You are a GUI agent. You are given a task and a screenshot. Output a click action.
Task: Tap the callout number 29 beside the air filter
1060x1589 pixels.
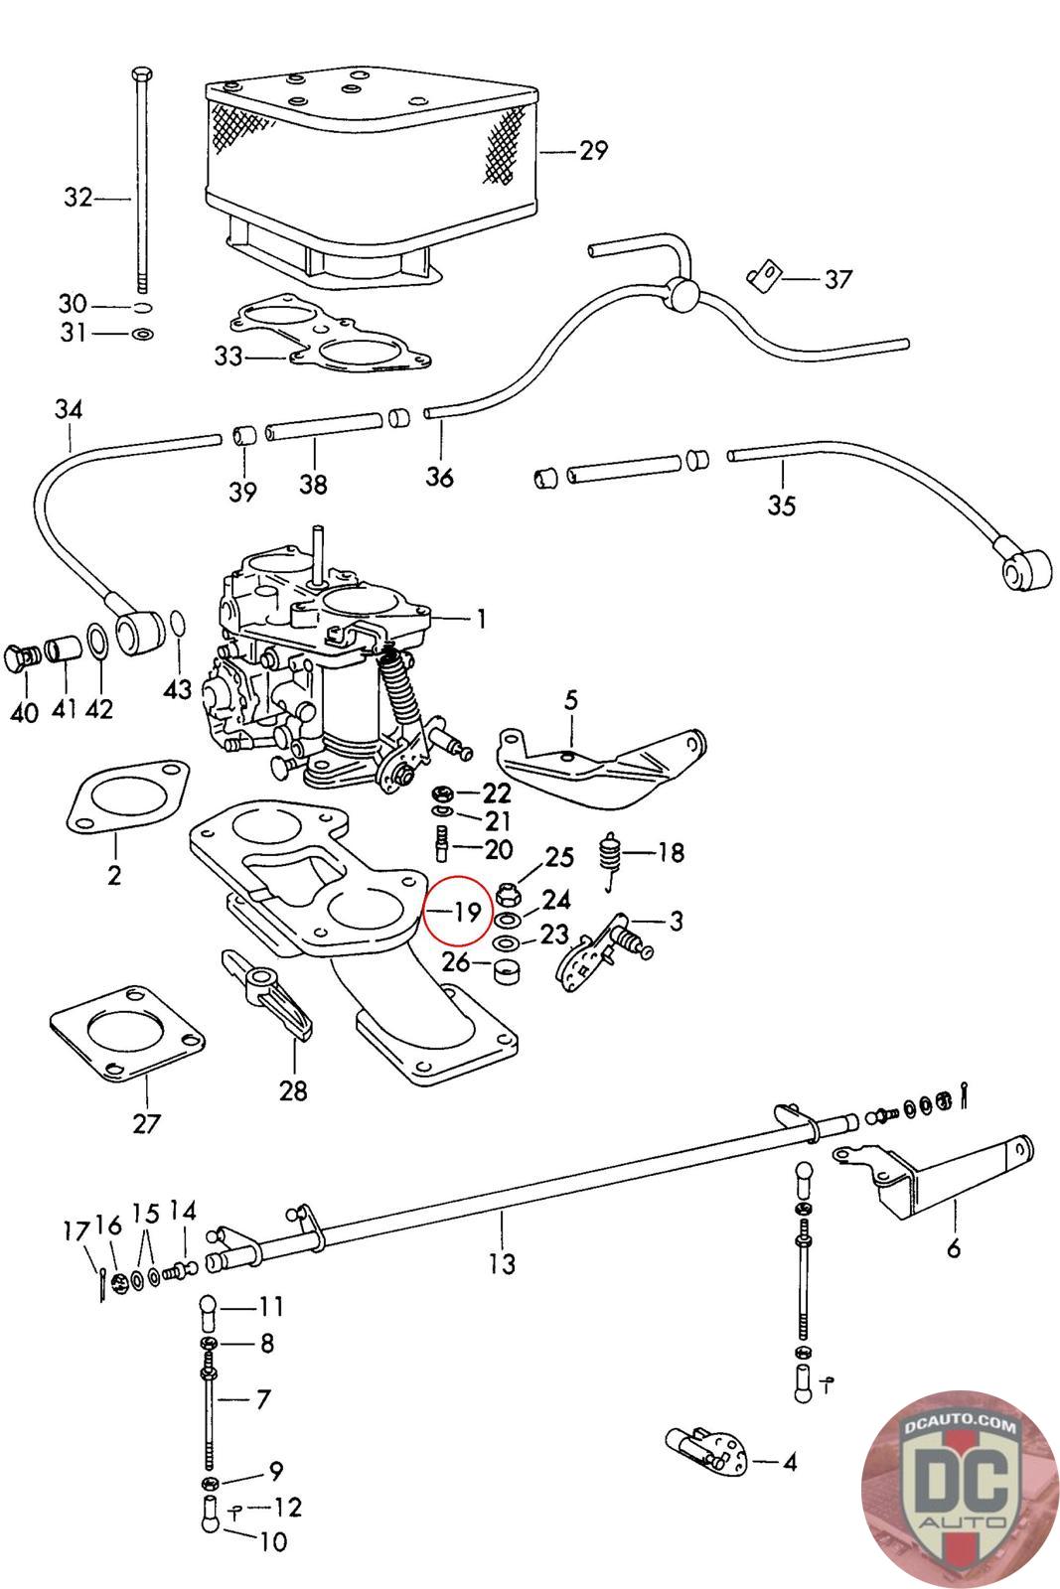point(593,151)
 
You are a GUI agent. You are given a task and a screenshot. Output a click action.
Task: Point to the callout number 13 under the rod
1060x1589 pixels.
point(503,1263)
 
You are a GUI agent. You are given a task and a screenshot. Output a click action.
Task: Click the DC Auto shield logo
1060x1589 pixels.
point(952,1498)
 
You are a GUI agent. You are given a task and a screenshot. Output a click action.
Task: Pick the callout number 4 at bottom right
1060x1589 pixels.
point(790,1462)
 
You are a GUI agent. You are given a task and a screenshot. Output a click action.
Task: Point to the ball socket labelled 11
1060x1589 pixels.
point(209,1311)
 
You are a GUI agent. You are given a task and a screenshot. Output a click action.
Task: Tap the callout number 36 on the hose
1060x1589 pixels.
point(440,477)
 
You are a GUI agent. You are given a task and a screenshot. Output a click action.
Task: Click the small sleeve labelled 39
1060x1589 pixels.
point(243,436)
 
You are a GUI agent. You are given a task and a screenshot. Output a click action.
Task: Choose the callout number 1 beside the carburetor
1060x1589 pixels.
point(481,620)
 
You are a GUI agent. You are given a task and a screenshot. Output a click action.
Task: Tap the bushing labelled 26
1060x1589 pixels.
point(508,968)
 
